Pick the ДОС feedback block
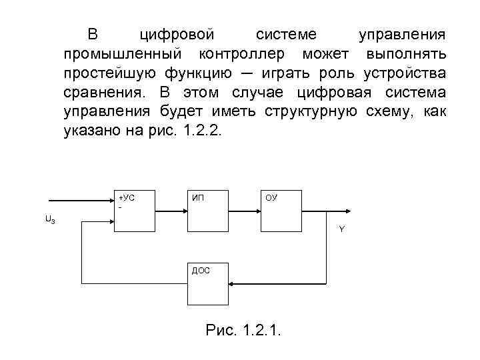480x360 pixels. point(208,283)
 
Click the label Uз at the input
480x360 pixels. point(50,219)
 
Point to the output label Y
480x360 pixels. point(341,229)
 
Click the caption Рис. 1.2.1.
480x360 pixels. point(244,330)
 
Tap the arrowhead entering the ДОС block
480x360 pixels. point(233,283)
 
